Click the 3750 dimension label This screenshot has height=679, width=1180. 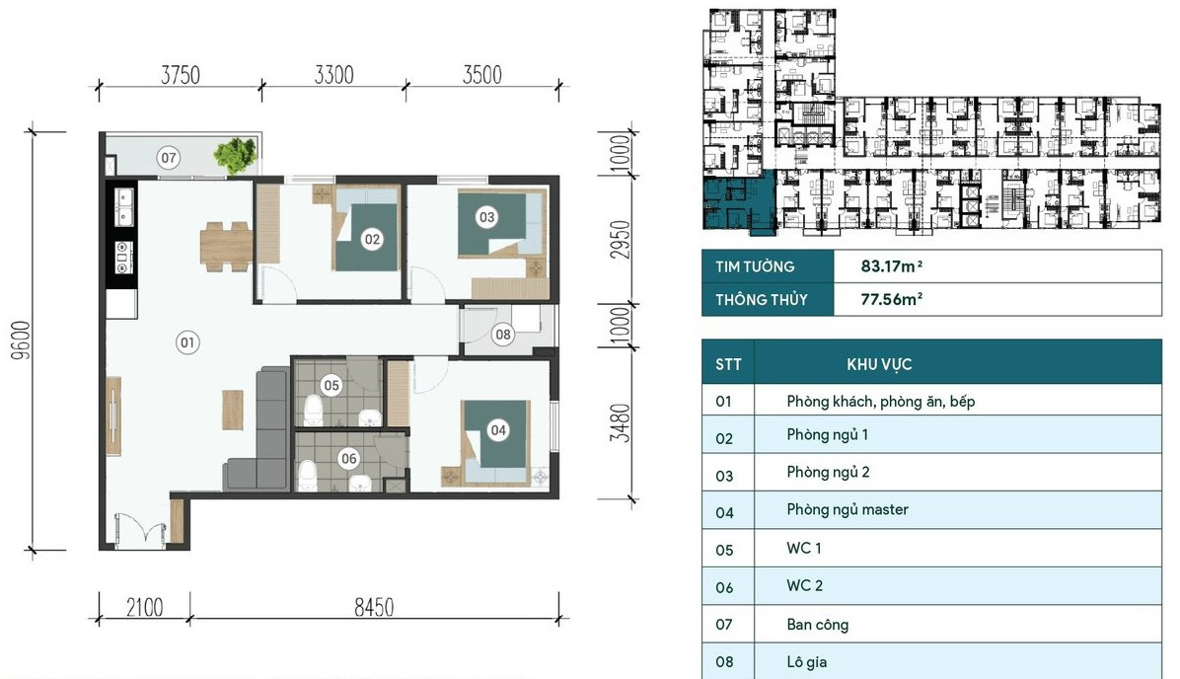pos(181,75)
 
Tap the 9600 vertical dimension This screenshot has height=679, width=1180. pos(21,340)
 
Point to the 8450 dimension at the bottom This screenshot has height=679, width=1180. pos(374,607)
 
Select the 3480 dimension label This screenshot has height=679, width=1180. pos(620,423)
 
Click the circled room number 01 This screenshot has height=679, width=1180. pos(187,342)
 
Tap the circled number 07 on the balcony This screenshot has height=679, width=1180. pos(169,157)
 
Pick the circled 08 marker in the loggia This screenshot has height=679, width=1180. pos(503,335)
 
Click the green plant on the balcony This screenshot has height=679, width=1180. pos(236,156)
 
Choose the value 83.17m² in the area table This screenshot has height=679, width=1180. pos(892,265)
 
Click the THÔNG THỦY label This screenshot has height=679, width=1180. pos(762,300)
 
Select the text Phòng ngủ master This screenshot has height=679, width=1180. pos(848,509)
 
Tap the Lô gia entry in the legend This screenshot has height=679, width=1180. pos(807,662)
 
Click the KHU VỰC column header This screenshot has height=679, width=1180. pos(879,364)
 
